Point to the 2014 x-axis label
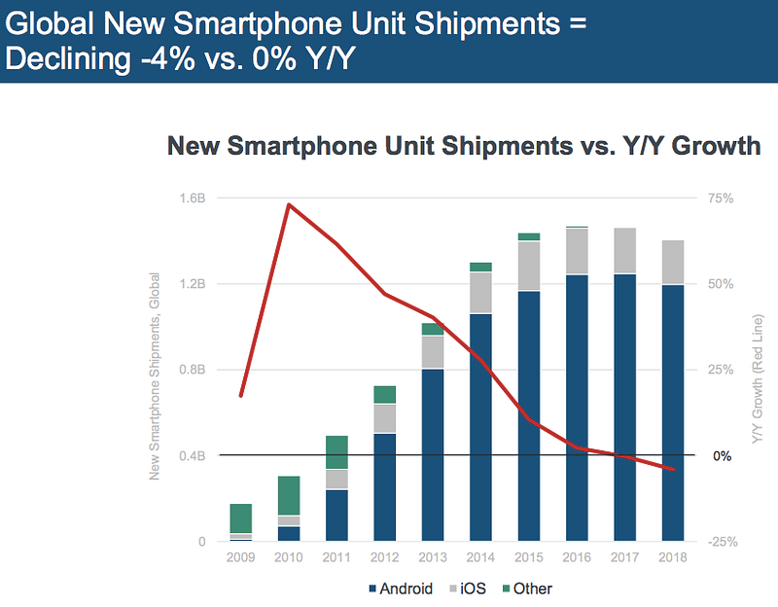[479, 558]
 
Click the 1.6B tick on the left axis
[193, 198]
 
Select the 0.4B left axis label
[193, 455]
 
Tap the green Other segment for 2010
[289, 495]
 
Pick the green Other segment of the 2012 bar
[384, 394]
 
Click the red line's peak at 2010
[289, 204]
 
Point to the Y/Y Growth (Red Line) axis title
[758, 371]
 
